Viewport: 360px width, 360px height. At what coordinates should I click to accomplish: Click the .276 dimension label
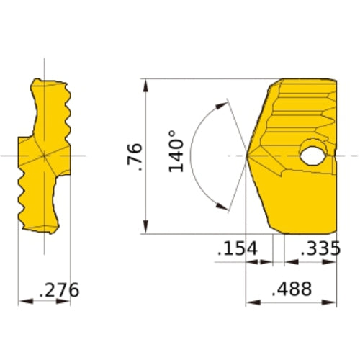pyautogui.click(x=59, y=290)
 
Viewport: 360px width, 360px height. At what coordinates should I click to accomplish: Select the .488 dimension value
pyautogui.click(x=292, y=289)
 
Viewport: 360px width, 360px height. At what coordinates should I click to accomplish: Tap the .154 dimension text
pyautogui.click(x=238, y=248)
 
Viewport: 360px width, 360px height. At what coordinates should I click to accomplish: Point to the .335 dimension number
pyautogui.click(x=320, y=248)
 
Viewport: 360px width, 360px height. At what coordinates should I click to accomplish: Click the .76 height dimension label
pyautogui.click(x=135, y=157)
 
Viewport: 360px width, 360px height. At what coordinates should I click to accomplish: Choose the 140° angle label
pyautogui.click(x=176, y=151)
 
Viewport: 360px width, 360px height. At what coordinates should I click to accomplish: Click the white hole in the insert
pyautogui.click(x=312, y=156)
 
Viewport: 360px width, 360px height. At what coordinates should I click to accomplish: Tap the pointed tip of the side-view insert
pyautogui.click(x=246, y=156)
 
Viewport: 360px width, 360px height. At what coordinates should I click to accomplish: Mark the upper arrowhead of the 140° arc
pyautogui.click(x=221, y=106)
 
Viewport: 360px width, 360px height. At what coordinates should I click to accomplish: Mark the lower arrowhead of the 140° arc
pyautogui.click(x=221, y=206)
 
